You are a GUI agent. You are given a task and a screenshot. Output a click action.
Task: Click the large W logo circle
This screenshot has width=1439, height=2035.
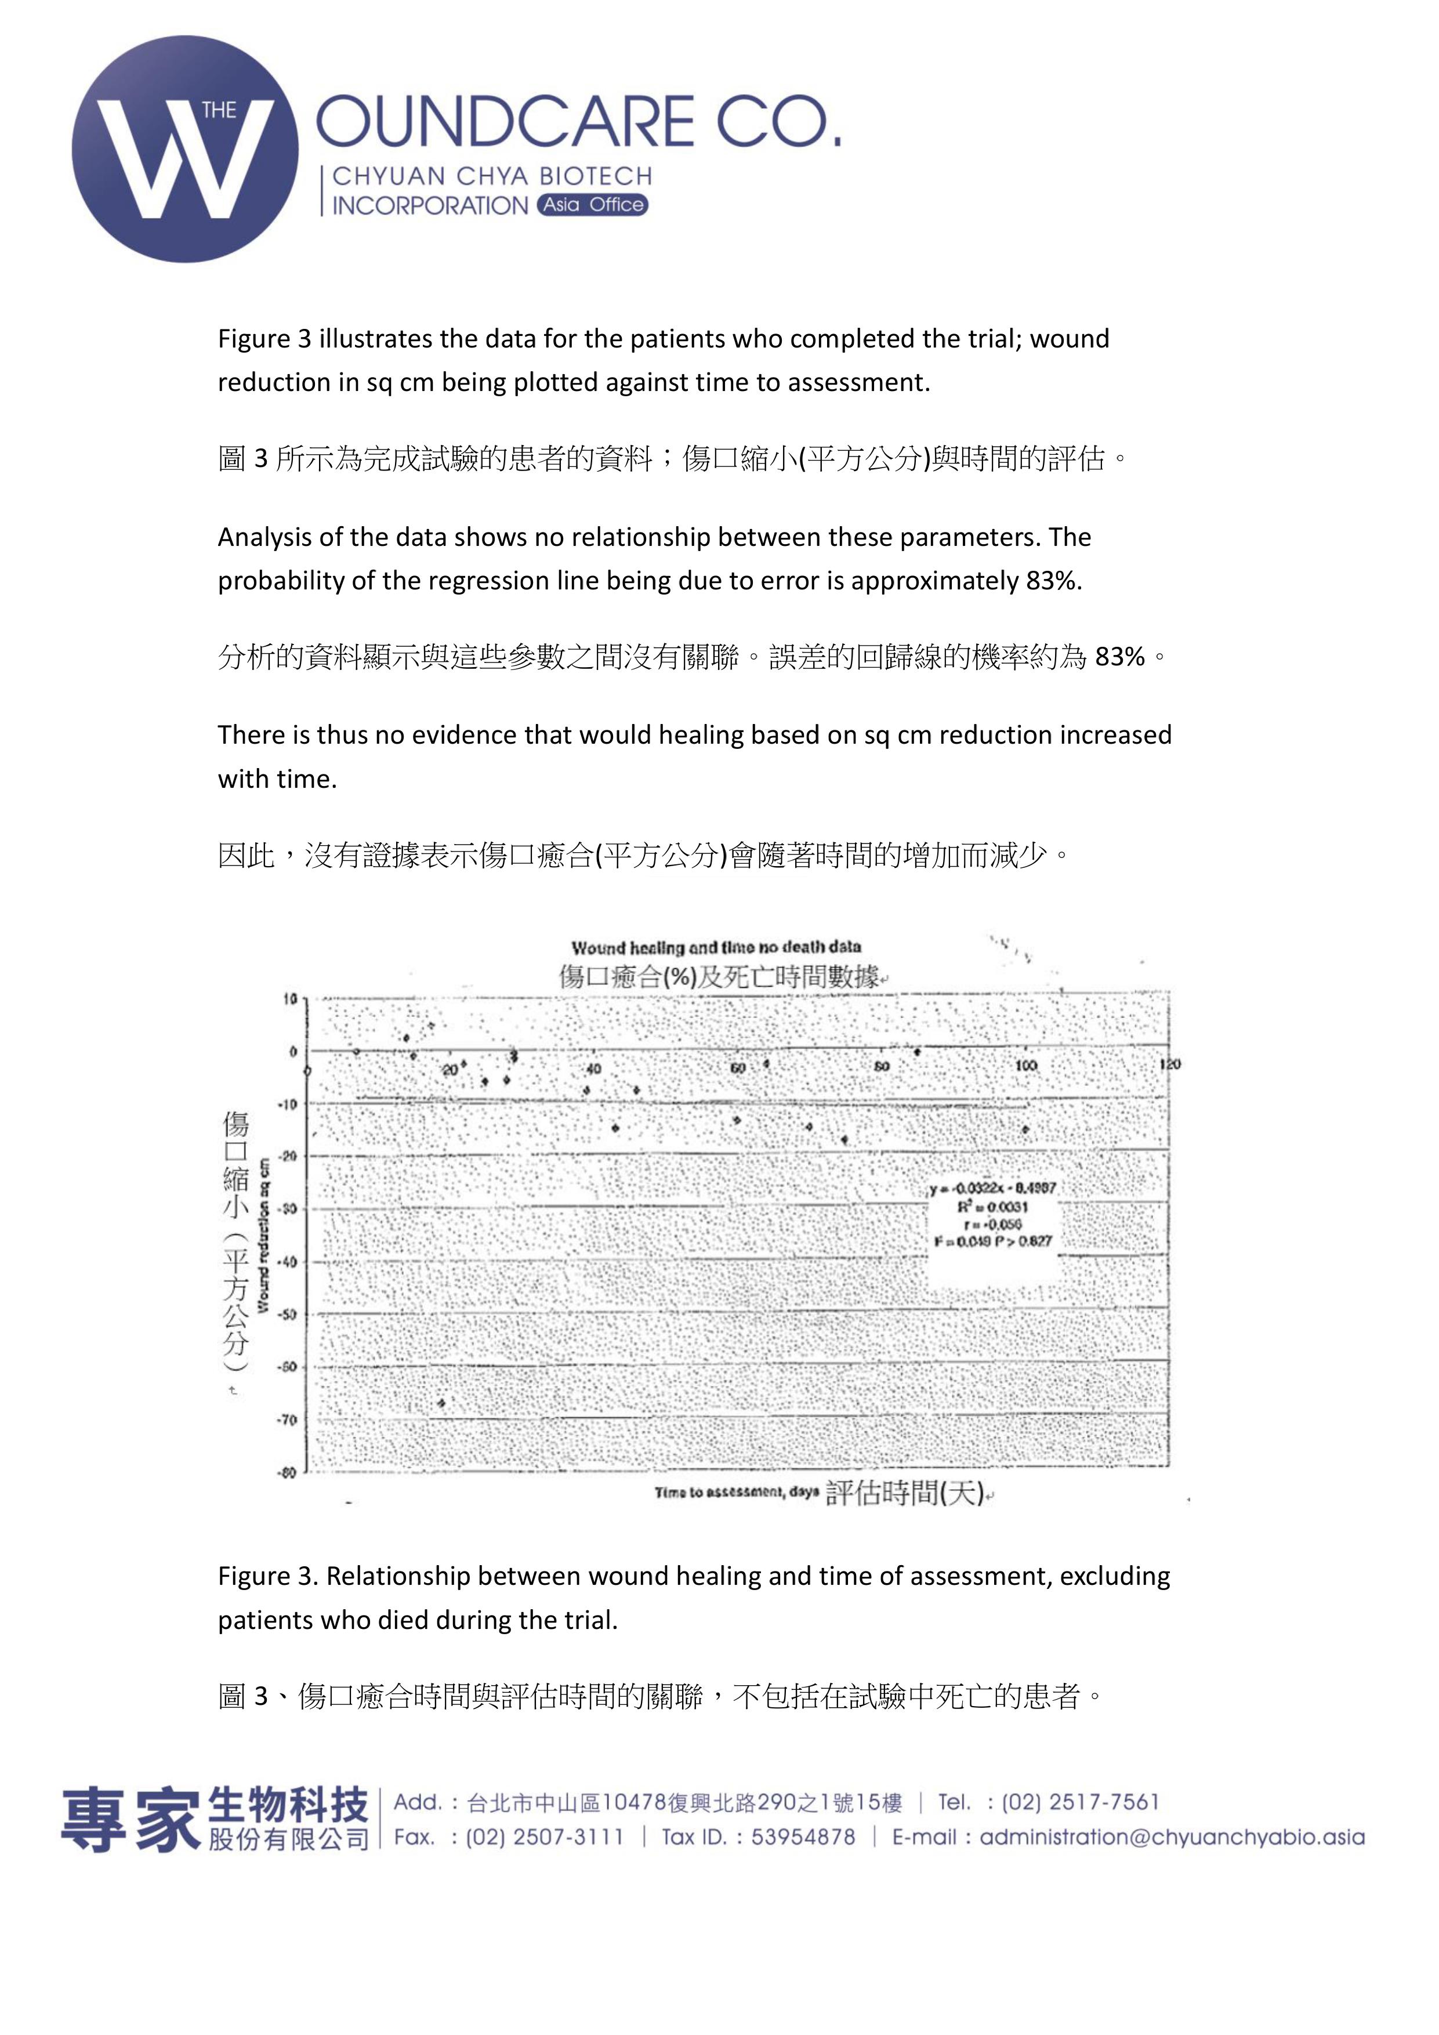coord(185,149)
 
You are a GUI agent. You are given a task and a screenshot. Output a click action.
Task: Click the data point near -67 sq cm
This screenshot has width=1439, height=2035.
coord(441,1403)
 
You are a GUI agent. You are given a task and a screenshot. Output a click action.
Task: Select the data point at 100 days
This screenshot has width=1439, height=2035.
coord(1026,1130)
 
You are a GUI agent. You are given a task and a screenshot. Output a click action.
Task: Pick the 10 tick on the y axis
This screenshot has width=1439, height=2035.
coord(290,999)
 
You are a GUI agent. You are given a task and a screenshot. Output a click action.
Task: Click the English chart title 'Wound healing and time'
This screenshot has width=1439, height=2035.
coord(716,947)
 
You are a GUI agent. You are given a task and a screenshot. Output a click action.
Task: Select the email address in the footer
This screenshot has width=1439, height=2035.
coord(1172,1837)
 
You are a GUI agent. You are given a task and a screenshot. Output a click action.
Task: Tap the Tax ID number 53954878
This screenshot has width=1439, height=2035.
coord(803,1837)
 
